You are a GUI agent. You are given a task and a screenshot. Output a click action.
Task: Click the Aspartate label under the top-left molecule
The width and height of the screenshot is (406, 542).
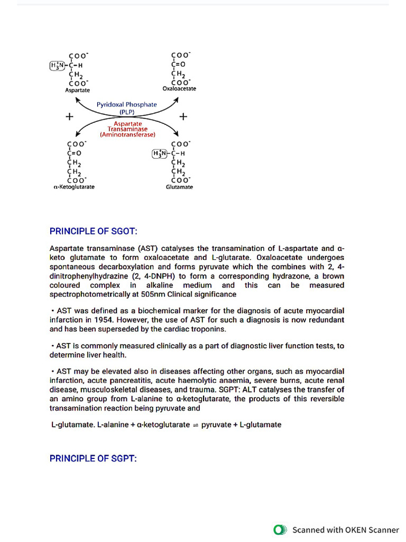click(x=77, y=91)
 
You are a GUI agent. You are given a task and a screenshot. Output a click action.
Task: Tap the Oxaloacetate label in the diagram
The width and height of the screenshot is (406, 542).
click(x=179, y=89)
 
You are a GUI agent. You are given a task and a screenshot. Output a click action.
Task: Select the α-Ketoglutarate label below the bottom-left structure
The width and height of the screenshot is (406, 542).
click(x=75, y=187)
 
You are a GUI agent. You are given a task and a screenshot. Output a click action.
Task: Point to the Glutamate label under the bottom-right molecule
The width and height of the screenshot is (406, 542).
click(x=179, y=187)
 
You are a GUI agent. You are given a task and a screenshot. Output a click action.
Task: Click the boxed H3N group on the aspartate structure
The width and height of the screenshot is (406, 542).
click(x=56, y=66)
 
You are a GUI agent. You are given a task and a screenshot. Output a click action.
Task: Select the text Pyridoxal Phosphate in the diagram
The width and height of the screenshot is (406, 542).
click(x=126, y=105)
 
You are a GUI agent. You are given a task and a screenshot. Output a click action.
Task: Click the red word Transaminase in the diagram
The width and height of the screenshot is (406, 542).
click(x=127, y=129)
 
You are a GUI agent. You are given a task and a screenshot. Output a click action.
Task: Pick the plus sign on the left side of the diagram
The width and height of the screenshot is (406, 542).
click(x=69, y=116)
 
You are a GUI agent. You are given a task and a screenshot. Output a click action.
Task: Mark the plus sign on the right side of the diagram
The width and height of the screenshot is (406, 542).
click(x=183, y=116)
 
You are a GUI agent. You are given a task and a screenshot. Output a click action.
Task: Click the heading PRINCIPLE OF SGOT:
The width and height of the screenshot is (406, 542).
click(x=93, y=231)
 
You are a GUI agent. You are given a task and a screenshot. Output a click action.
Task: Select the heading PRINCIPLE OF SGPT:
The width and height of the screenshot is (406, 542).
click(x=93, y=458)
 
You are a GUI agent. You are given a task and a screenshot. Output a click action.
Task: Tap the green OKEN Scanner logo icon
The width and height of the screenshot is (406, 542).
click(x=280, y=529)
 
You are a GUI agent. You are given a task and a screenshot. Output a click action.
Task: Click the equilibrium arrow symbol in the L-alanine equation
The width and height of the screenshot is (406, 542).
click(x=196, y=425)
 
